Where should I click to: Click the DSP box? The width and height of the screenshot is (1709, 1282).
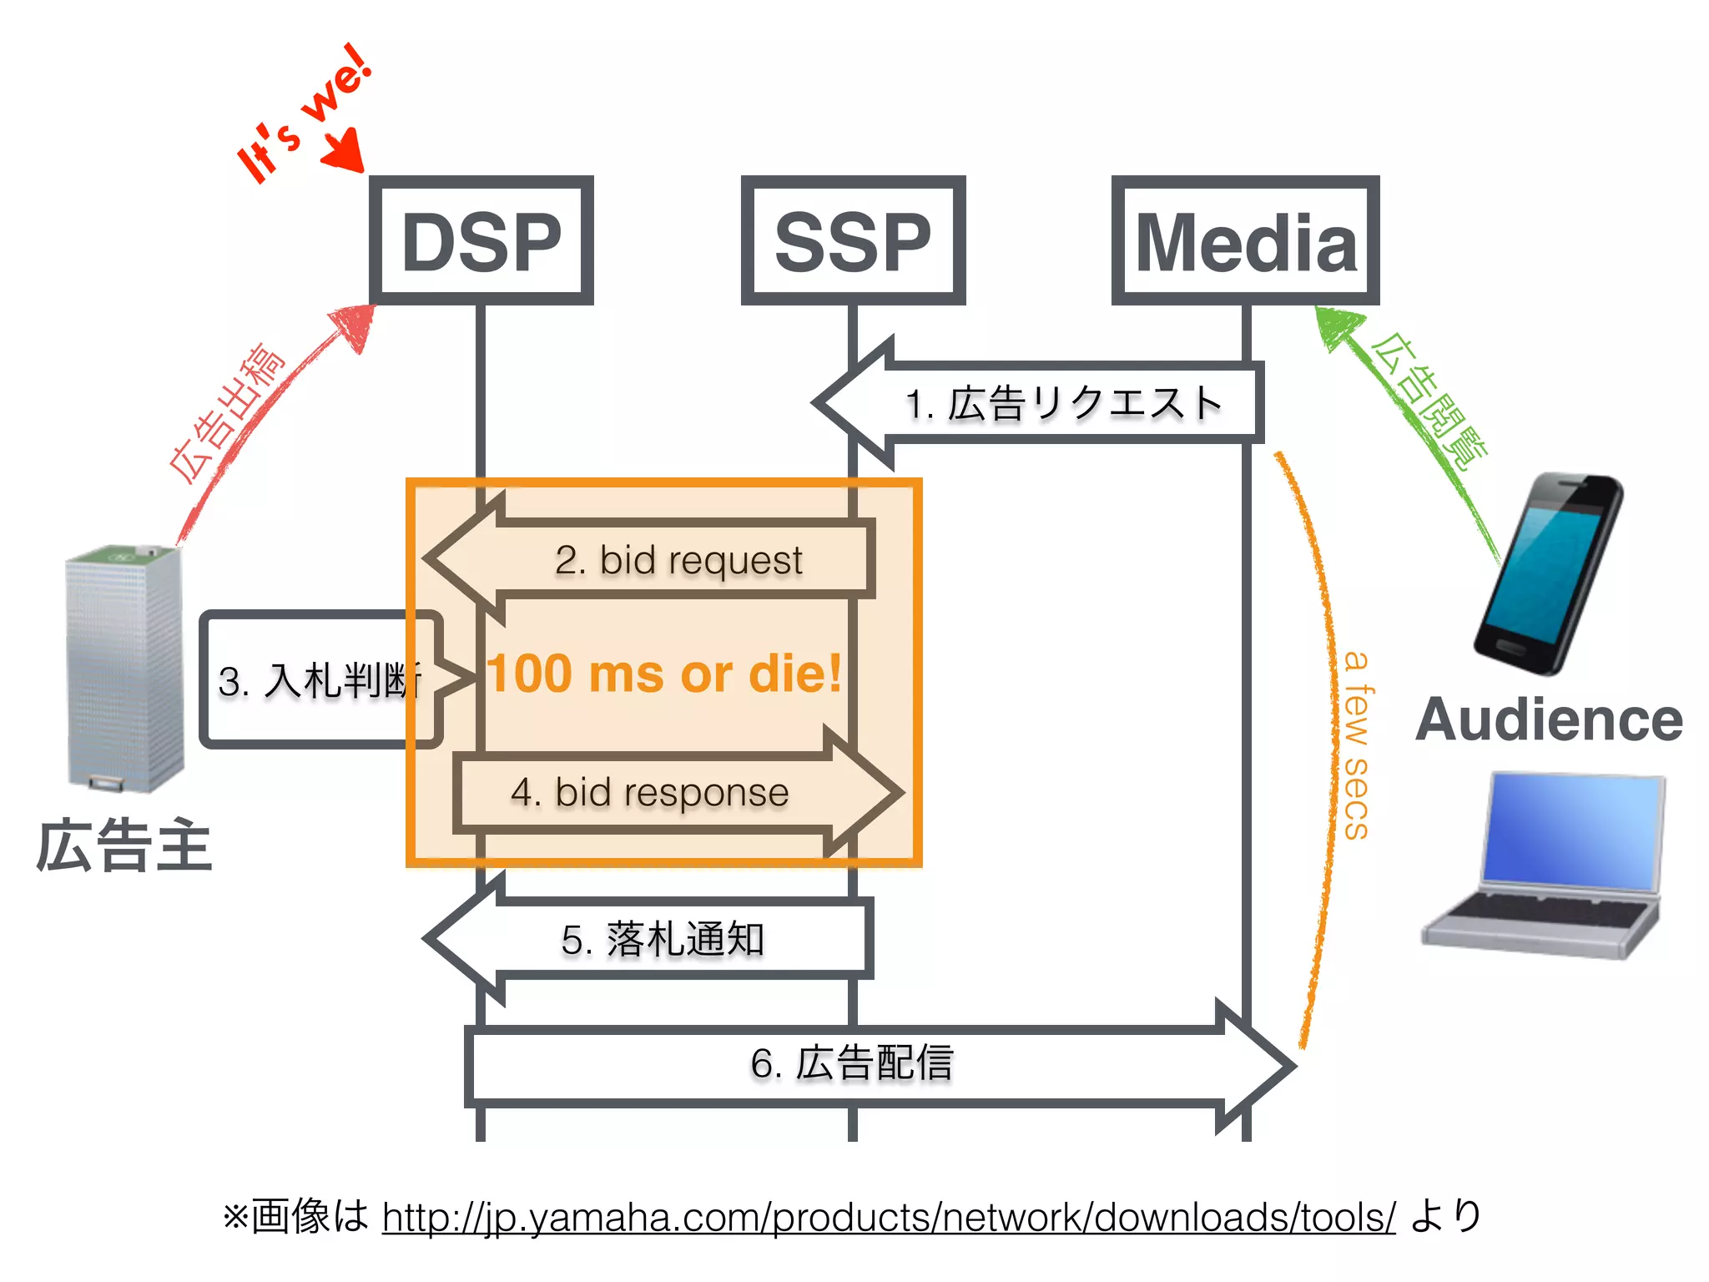click(481, 240)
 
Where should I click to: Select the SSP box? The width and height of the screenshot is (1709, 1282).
click(853, 240)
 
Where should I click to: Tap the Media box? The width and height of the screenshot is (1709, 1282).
click(1245, 240)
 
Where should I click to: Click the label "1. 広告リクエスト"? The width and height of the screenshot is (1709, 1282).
click(1064, 404)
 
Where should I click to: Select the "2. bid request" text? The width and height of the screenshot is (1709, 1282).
click(678, 560)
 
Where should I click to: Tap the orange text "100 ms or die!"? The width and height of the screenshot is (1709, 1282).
click(664, 674)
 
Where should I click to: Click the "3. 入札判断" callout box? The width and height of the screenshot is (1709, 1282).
click(317, 679)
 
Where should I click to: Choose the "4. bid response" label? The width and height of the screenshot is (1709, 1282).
click(649, 792)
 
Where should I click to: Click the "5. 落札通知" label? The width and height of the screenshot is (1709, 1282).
click(663, 940)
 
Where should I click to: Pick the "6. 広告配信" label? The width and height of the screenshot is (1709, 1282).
click(851, 1063)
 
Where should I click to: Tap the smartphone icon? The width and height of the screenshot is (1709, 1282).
click(1548, 574)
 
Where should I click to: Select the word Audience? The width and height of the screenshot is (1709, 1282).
click(1549, 719)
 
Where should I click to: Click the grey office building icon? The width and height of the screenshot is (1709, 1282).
click(125, 668)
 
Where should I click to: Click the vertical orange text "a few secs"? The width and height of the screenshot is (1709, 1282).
click(1357, 745)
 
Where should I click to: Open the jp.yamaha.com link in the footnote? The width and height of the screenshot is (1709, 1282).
click(888, 1217)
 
